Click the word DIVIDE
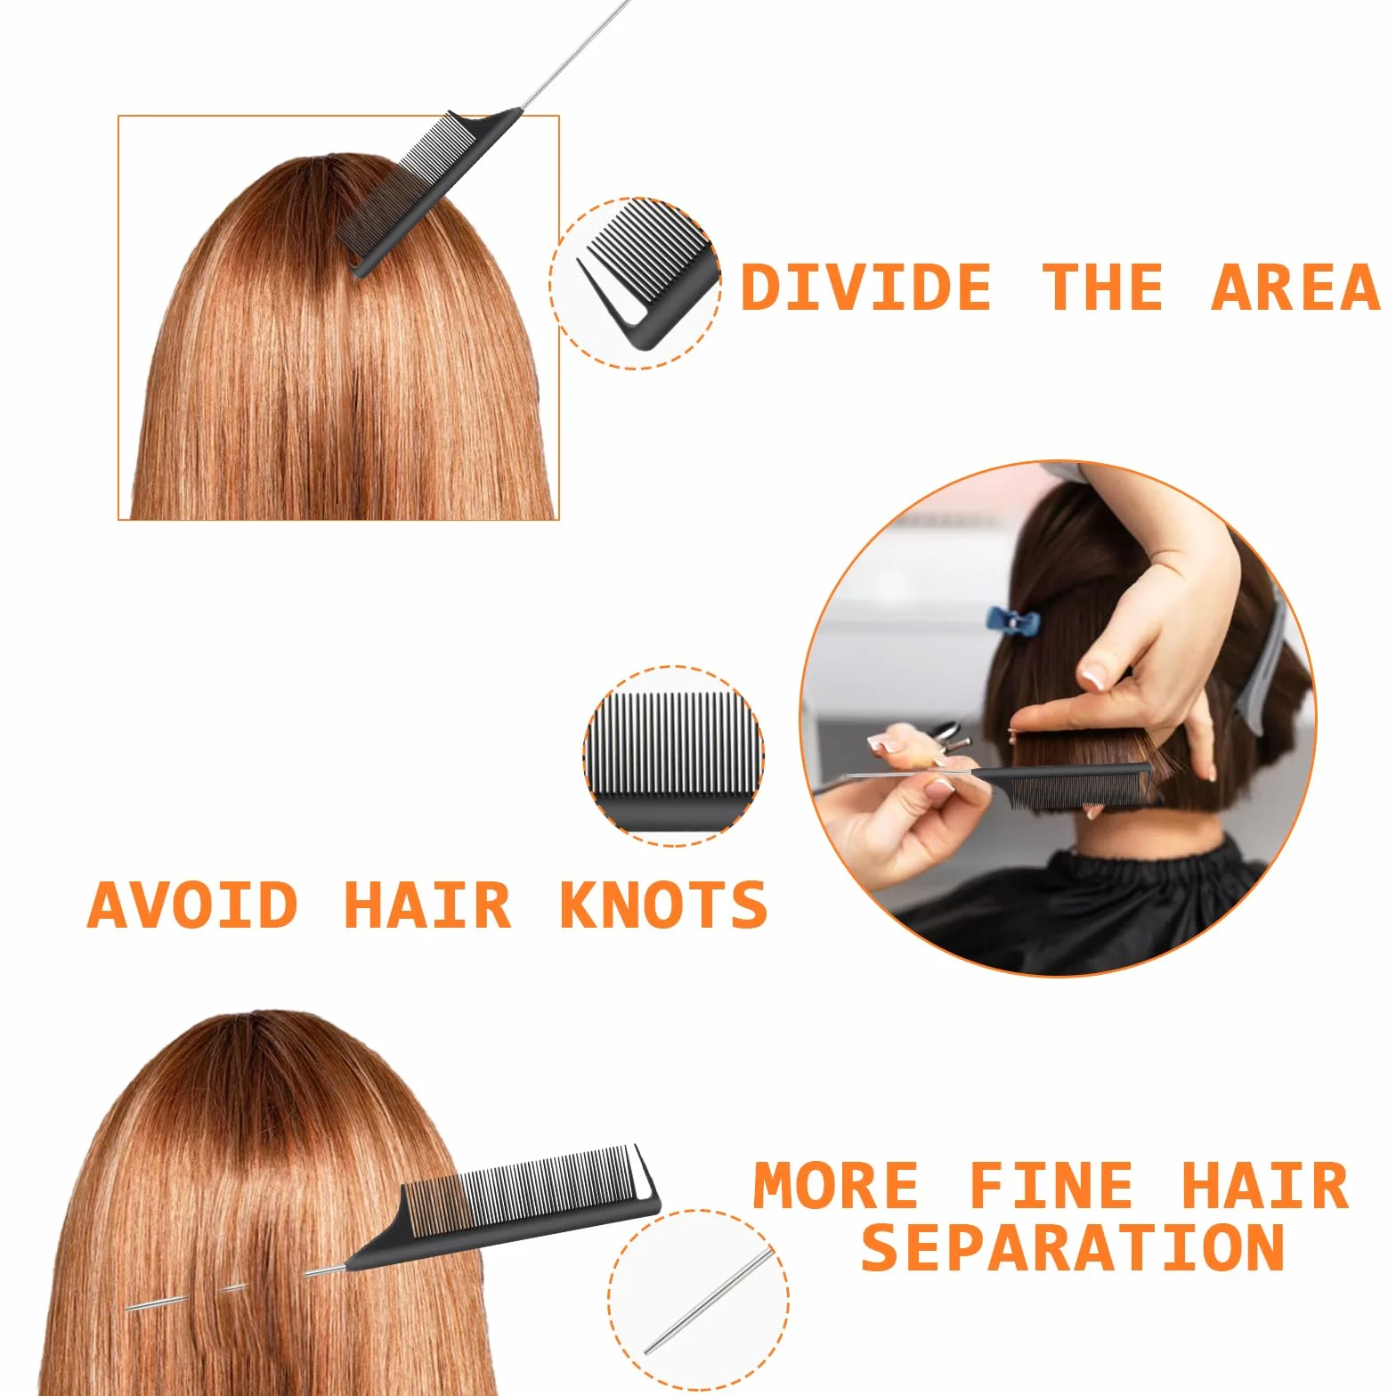[x=865, y=287]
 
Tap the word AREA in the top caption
[x=1295, y=287]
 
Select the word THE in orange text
[x=1102, y=287]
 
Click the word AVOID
[x=192, y=905]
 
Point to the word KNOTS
[x=663, y=905]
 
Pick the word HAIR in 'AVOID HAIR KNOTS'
[x=427, y=905]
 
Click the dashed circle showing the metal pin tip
[x=699, y=1299]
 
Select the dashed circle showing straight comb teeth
[x=674, y=755]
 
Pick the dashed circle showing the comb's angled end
[x=636, y=283]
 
